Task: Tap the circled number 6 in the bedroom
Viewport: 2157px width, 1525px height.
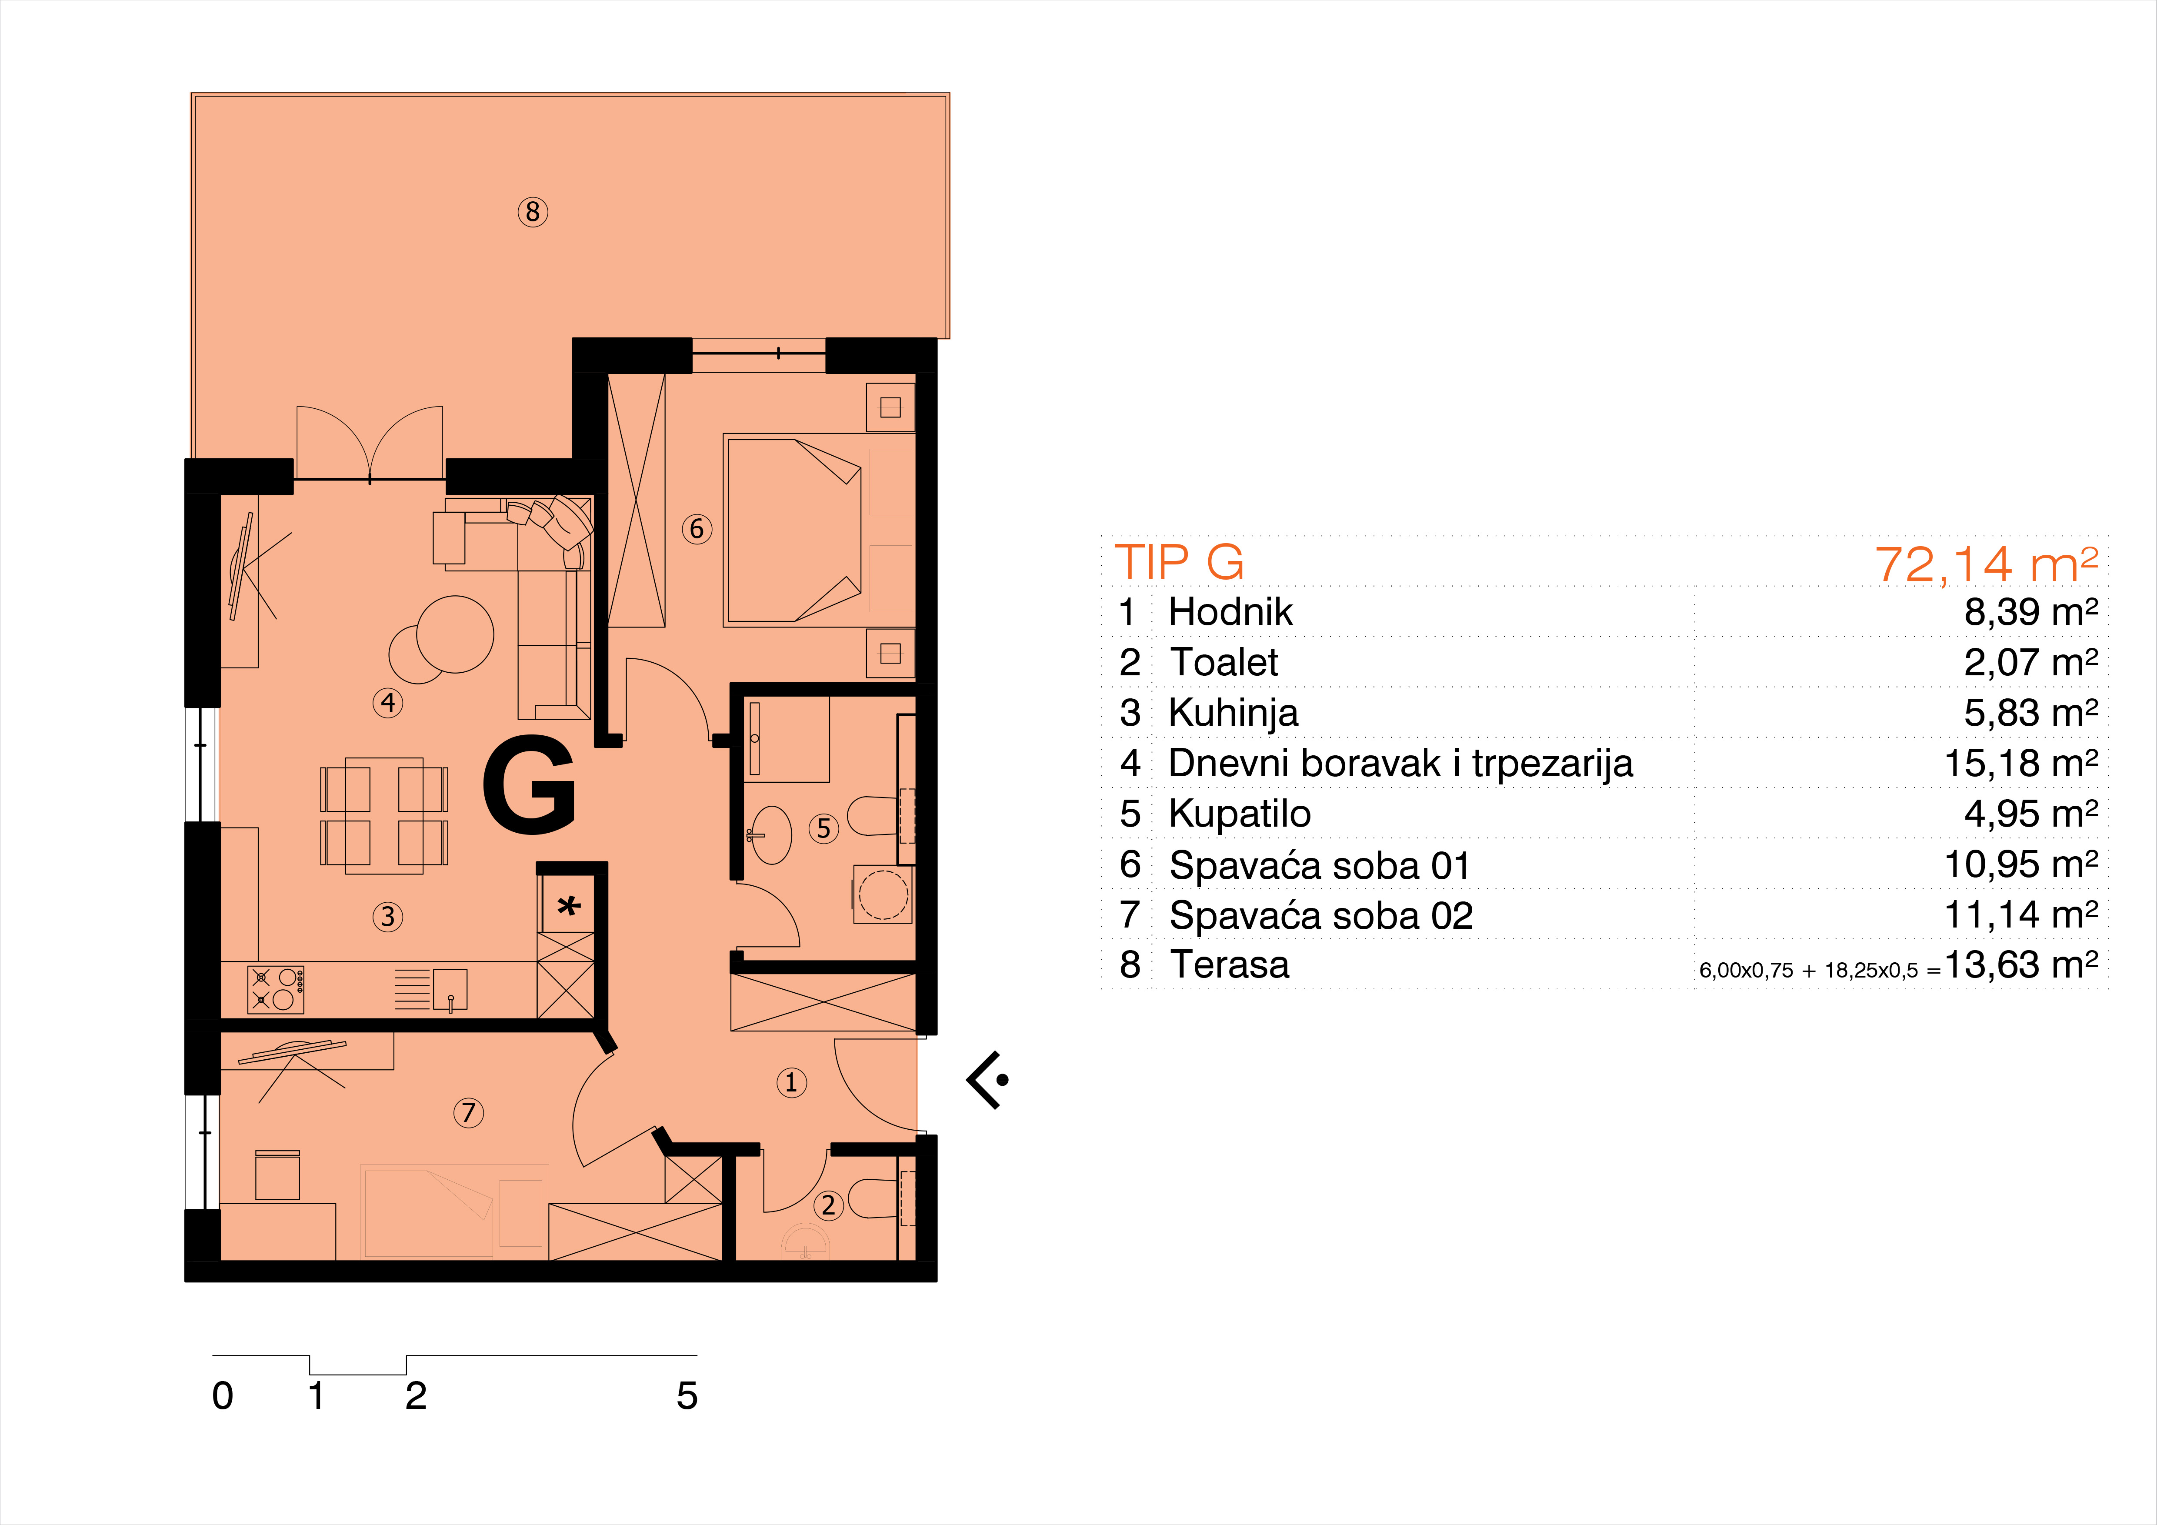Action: click(x=696, y=529)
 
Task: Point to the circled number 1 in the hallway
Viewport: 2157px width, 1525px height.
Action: click(x=791, y=1082)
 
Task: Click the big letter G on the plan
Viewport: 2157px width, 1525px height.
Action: click(x=529, y=784)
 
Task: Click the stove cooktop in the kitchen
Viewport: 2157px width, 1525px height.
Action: click(x=275, y=989)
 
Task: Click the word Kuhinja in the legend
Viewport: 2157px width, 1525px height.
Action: click(x=1233, y=713)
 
